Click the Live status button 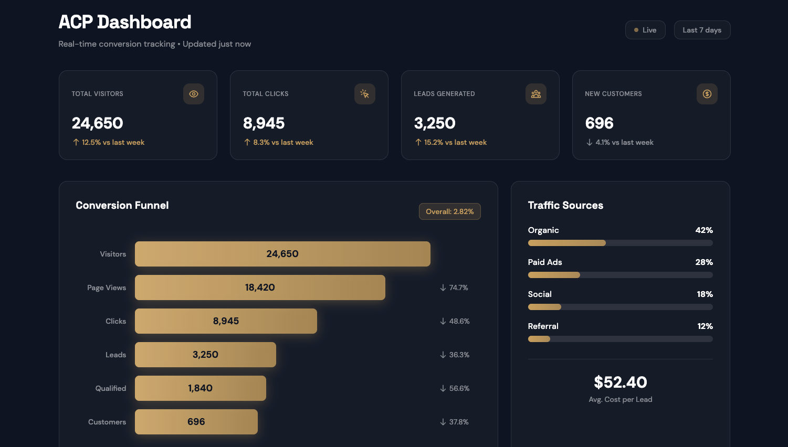tap(645, 30)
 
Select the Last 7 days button tap(702, 30)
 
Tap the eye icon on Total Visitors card tap(194, 94)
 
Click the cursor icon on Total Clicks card tap(365, 94)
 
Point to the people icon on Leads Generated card tap(536, 94)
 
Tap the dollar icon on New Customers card tap(707, 94)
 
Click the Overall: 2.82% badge tap(449, 211)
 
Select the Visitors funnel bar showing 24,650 tap(282, 254)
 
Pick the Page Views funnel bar tap(260, 288)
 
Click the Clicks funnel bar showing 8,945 tap(226, 321)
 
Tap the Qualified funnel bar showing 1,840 tap(200, 388)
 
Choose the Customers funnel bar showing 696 tap(196, 422)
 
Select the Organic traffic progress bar tap(620, 243)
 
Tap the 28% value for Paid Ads tap(703, 262)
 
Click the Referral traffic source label tap(543, 326)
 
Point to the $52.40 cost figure tap(620, 382)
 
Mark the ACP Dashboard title tap(125, 22)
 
